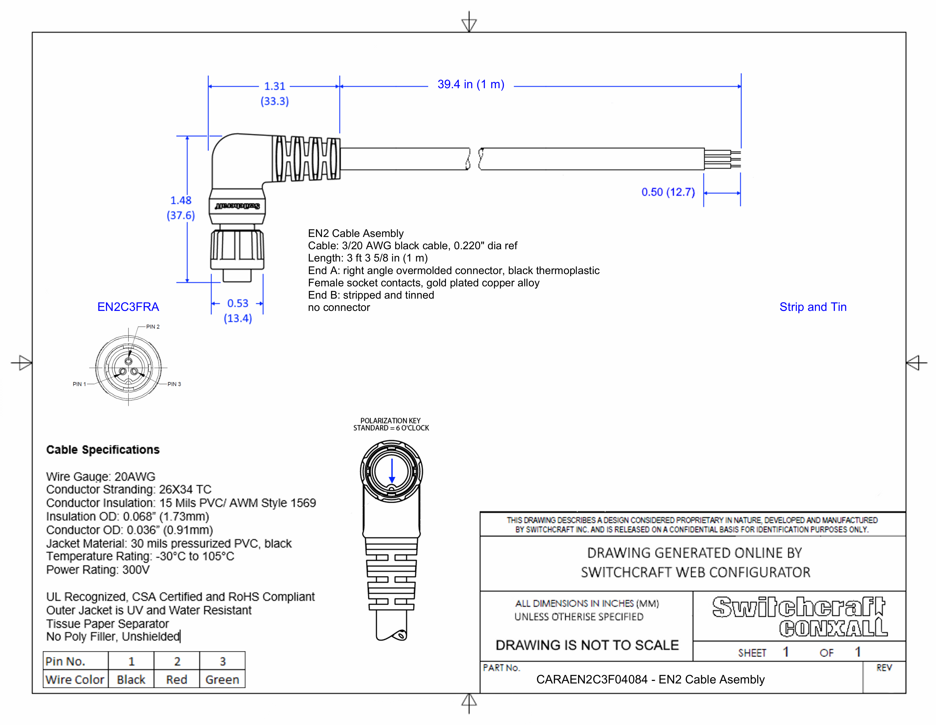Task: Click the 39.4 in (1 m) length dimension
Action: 470,84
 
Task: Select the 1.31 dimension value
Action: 275,86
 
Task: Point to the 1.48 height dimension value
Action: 181,200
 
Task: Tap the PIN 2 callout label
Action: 153,327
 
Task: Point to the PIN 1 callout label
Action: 79,384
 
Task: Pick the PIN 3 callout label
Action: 174,384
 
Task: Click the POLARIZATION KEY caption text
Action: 390,421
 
